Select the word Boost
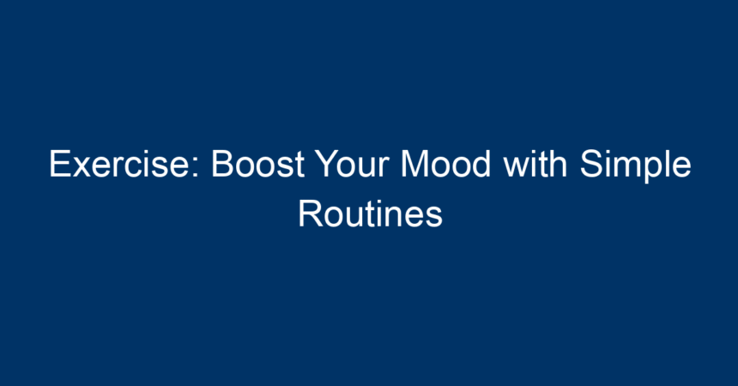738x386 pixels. (x=258, y=164)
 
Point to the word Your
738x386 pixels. (x=353, y=164)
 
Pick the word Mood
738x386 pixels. (x=446, y=163)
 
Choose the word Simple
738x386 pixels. (x=635, y=166)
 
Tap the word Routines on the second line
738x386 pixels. (x=371, y=214)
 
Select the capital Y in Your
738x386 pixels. (x=327, y=164)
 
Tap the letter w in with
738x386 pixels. (x=517, y=167)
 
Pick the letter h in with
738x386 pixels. (x=558, y=163)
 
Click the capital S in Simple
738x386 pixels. (x=591, y=164)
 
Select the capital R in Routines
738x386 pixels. (x=310, y=214)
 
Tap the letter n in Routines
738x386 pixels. (x=400, y=218)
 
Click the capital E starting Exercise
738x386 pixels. (x=60, y=164)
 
